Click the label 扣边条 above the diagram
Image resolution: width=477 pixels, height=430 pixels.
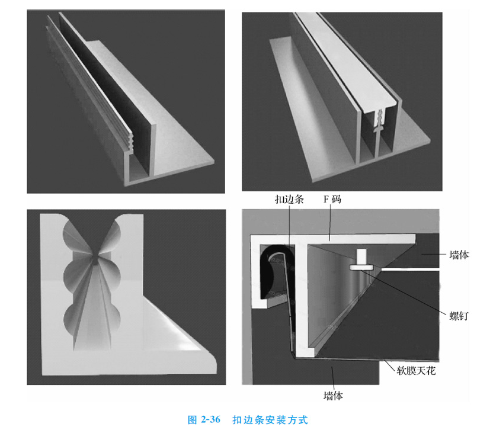point(289,199)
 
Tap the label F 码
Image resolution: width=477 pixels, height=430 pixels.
point(332,199)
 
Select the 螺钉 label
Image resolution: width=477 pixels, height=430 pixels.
point(459,316)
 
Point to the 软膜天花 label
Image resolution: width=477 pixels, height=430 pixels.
point(416,370)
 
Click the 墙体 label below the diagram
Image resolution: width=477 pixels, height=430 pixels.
point(333,396)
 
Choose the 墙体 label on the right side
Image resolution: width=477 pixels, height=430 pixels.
point(459,255)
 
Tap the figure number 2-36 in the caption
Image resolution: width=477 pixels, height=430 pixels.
point(210,420)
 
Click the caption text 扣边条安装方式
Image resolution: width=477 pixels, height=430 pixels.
point(270,420)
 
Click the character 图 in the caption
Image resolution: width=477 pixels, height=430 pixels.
point(193,420)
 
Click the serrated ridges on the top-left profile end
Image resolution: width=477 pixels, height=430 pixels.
point(131,142)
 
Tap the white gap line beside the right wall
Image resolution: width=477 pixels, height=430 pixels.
point(411,269)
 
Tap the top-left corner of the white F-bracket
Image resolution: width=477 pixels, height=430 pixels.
point(251,235)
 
